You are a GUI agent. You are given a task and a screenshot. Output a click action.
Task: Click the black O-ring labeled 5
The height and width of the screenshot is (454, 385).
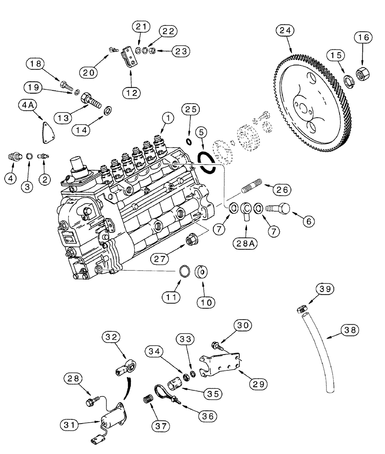[207, 162]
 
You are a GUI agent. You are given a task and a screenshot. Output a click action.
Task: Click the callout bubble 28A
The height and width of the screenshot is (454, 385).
[247, 244]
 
